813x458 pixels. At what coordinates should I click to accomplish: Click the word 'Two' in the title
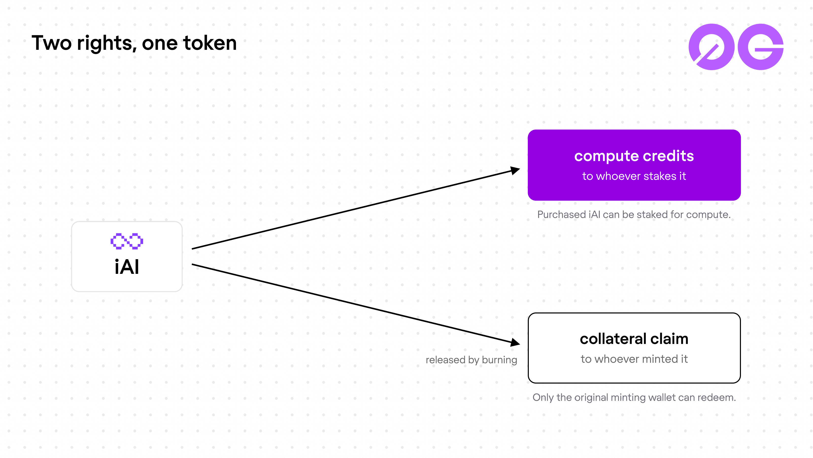[x=52, y=43]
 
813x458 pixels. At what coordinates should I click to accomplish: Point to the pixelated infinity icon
[x=127, y=241]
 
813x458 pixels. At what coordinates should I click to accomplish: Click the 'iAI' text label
[x=127, y=267]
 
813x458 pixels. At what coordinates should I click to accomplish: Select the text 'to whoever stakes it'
[x=634, y=176]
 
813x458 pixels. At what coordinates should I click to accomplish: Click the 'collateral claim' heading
[x=634, y=339]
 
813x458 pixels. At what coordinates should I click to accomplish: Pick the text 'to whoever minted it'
[x=634, y=359]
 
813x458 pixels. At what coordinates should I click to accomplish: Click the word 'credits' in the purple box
[x=668, y=156]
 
